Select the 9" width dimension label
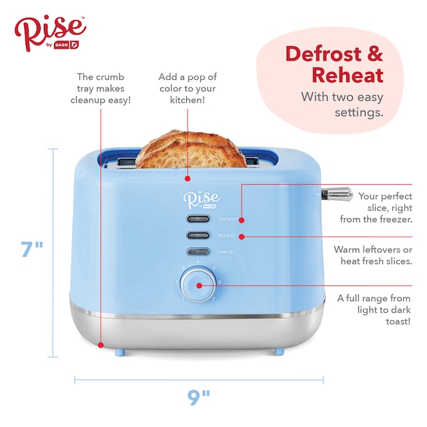(x=198, y=398)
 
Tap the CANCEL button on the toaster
(x=197, y=252)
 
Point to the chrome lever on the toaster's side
(x=336, y=193)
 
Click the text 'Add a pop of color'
(x=187, y=88)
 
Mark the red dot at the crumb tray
(x=101, y=344)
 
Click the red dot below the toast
(x=187, y=179)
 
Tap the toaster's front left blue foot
(x=119, y=351)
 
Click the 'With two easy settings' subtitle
(x=342, y=104)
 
